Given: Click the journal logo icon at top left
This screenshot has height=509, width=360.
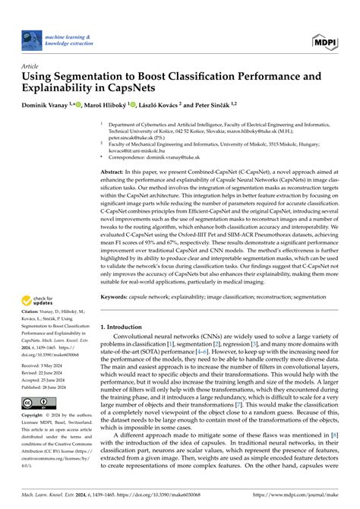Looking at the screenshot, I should pos(31,40).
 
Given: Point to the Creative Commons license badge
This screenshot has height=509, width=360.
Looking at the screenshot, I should pos(39,403).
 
